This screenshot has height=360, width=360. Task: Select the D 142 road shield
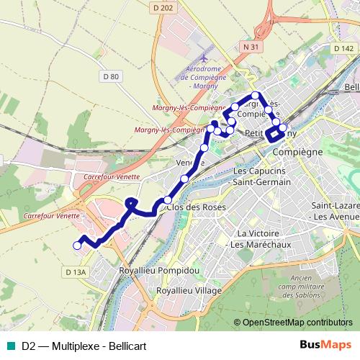341,48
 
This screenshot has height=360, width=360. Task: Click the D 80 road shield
110,76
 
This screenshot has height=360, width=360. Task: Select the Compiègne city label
296,153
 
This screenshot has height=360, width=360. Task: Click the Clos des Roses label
196,207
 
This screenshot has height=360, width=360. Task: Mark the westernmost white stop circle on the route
77,246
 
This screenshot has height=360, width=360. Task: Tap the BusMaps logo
326,345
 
